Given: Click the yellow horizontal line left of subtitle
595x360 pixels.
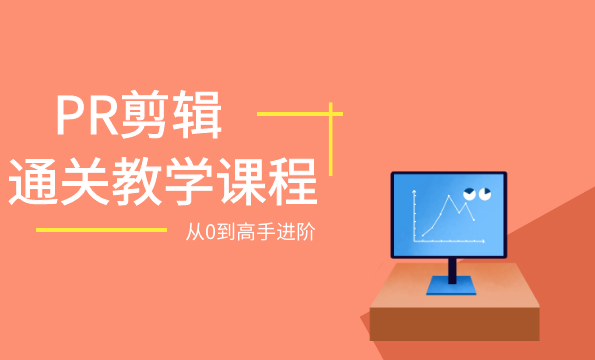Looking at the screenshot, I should coord(100,230).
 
